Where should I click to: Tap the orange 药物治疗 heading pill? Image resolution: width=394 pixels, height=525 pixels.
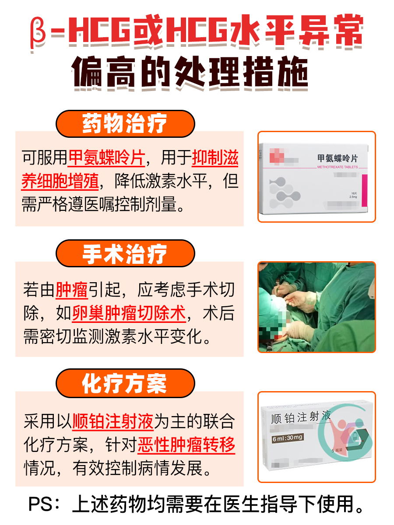(x=125, y=124)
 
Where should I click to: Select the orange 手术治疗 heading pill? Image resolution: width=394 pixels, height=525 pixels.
(x=125, y=254)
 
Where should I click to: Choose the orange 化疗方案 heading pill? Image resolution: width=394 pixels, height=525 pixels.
(x=125, y=383)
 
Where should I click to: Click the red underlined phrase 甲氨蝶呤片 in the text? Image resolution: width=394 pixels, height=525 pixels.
(x=106, y=158)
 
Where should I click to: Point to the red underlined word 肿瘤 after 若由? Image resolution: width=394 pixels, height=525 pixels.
(x=72, y=290)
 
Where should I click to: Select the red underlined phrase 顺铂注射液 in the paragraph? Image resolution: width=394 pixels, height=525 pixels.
(x=113, y=422)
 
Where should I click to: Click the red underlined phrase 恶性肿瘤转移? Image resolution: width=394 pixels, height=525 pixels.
(x=186, y=445)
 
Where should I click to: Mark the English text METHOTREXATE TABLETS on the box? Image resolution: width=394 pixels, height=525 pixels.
(x=337, y=167)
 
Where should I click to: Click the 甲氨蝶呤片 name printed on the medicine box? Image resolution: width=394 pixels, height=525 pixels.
(x=338, y=158)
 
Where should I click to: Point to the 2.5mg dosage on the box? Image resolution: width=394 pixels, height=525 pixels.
(x=354, y=197)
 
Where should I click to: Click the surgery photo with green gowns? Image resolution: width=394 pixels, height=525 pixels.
(x=317, y=307)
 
